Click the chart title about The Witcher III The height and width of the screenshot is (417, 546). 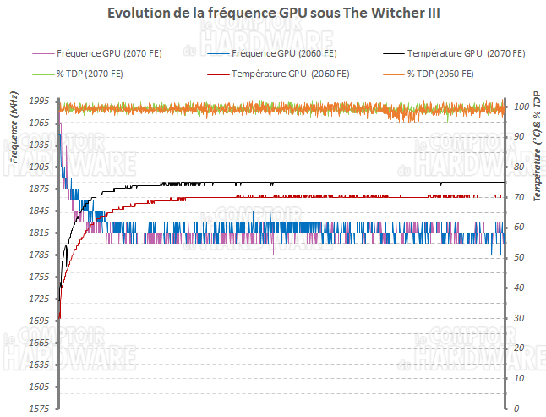pyautogui.click(x=272, y=14)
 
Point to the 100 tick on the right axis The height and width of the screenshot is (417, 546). pyautogui.click(x=521, y=107)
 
